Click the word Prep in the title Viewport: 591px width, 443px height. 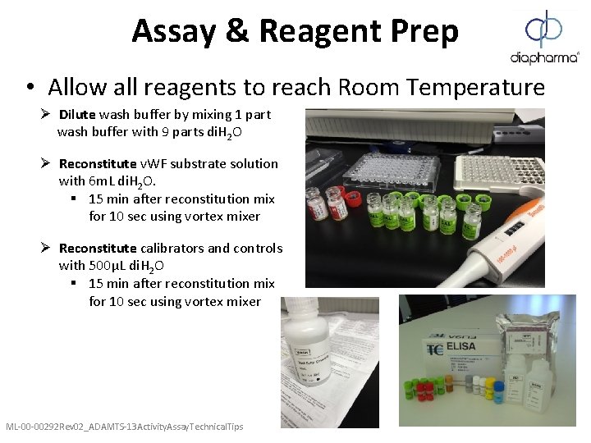click(x=415, y=31)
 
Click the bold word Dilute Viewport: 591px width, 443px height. click(x=77, y=114)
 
